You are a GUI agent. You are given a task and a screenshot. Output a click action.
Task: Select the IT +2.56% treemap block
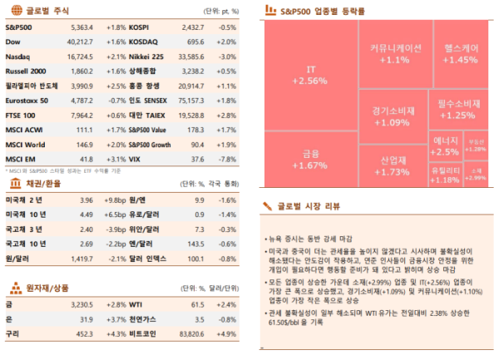point(310,75)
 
